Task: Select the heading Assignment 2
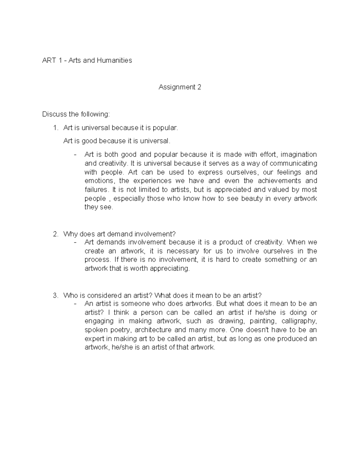(x=180, y=87)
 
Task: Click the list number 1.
(x=55, y=128)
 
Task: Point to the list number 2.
(x=55, y=234)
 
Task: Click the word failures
(x=96, y=190)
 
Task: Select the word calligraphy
(x=299, y=321)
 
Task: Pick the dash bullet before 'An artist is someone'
(x=75, y=304)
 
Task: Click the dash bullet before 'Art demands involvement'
(x=75, y=242)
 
